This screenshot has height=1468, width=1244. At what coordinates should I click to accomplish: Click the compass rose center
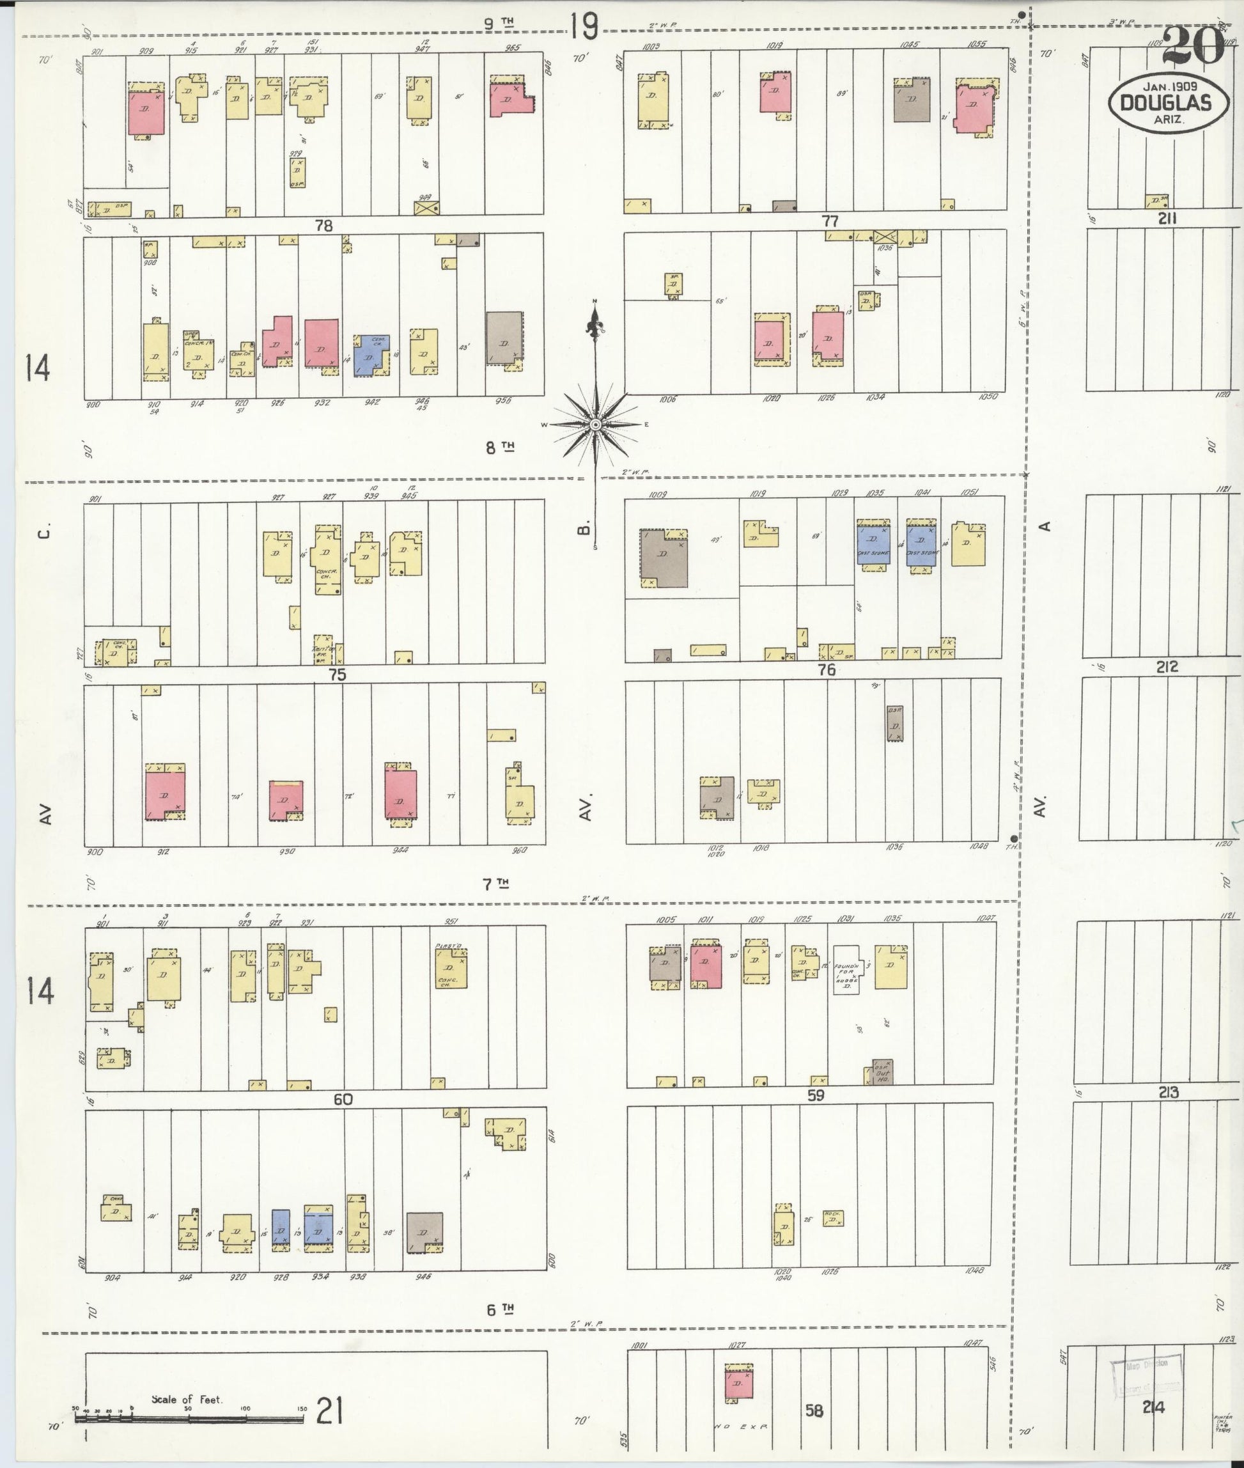click(595, 425)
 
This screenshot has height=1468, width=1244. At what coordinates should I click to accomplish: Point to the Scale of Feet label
click(187, 1399)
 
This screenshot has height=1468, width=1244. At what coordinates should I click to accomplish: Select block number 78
click(323, 226)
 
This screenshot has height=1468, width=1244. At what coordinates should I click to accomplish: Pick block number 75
click(337, 675)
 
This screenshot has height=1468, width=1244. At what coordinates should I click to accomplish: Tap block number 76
click(827, 670)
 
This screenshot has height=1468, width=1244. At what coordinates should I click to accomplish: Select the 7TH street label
click(496, 883)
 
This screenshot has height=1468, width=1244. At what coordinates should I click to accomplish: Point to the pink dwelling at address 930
click(286, 800)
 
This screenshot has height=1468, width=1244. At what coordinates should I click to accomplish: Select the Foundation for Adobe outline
click(847, 969)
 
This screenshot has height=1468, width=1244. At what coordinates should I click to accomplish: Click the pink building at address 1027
click(739, 1385)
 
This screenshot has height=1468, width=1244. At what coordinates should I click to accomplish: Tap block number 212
click(1167, 667)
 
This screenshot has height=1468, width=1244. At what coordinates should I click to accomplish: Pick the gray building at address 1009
click(663, 558)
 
